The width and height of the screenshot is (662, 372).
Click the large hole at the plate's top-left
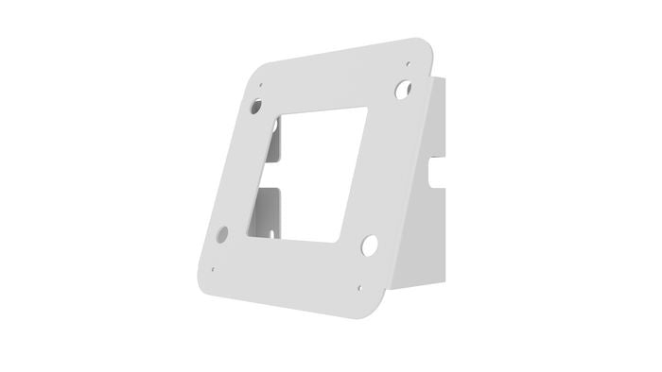257,107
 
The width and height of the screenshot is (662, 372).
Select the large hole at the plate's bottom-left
222,233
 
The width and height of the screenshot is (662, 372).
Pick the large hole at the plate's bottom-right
369,245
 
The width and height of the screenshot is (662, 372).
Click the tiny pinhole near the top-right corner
408,64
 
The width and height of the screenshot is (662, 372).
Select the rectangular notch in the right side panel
436,175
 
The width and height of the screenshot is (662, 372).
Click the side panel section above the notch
440,123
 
